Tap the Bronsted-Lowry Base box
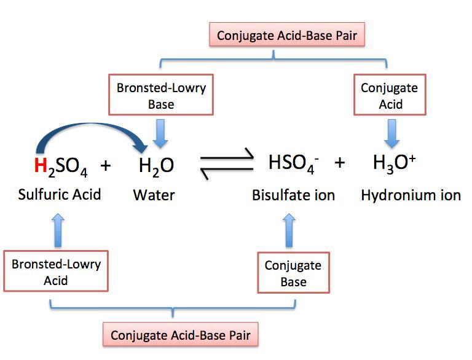coord(161,95)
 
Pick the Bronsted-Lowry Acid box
coord(56,272)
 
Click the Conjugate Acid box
coord(389,95)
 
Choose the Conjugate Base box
coord(293,273)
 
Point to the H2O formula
coord(155,165)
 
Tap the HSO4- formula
coord(292,163)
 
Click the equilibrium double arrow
coord(227,165)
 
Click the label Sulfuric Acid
coord(59,195)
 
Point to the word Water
coord(154,195)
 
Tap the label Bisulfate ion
coord(293,195)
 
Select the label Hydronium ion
coord(411,195)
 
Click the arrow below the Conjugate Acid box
coord(389,131)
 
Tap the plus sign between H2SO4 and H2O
coord(106,165)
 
